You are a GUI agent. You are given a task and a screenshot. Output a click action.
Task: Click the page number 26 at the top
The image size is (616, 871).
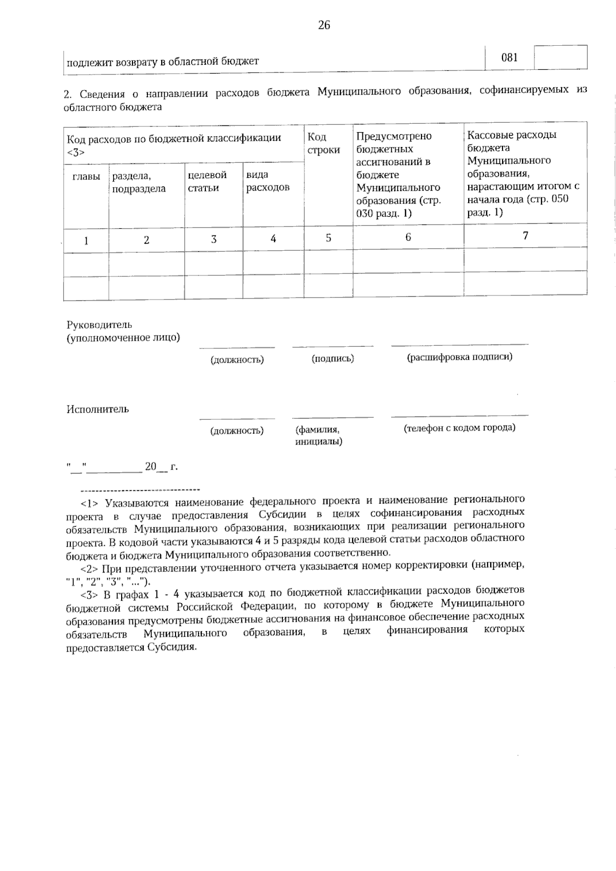pos(324,25)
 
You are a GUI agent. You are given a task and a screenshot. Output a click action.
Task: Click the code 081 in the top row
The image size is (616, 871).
pos(509,58)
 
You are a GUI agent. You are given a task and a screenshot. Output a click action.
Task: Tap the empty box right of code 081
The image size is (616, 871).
pos(561,58)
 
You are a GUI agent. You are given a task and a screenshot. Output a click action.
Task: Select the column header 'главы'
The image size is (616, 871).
pos(86,176)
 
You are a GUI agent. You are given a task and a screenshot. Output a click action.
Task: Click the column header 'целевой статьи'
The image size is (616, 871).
pos(207,181)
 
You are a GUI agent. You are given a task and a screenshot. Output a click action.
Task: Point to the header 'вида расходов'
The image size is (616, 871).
pos(268,181)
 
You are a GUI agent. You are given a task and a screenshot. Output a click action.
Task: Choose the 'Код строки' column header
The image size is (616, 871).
pos(323,143)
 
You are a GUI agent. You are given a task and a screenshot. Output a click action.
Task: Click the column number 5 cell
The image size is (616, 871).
pos(328,238)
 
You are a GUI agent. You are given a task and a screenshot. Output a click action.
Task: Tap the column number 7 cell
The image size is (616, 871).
pos(525,236)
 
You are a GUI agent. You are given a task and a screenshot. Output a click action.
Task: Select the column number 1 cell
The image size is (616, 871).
pos(86,240)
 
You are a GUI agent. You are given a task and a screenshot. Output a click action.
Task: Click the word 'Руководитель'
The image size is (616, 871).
pos(99,325)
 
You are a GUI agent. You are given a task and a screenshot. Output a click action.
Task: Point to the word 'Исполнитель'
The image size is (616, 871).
pos(98,410)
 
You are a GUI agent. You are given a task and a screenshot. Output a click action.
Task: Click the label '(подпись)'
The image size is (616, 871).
pos(333,359)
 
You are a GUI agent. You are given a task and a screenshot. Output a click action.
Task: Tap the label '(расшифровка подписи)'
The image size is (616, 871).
pos(459,357)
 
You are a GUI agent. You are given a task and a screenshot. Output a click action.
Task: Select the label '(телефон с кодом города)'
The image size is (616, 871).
pos(459,428)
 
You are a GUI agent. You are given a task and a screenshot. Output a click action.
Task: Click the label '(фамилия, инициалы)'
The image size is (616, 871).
pos(318,435)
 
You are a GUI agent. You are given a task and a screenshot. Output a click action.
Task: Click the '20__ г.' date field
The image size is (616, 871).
pos(161,467)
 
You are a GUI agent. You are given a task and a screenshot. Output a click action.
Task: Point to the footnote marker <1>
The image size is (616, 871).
pos(89,501)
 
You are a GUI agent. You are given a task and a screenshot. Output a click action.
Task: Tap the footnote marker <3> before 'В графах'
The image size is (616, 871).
pos(89,595)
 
